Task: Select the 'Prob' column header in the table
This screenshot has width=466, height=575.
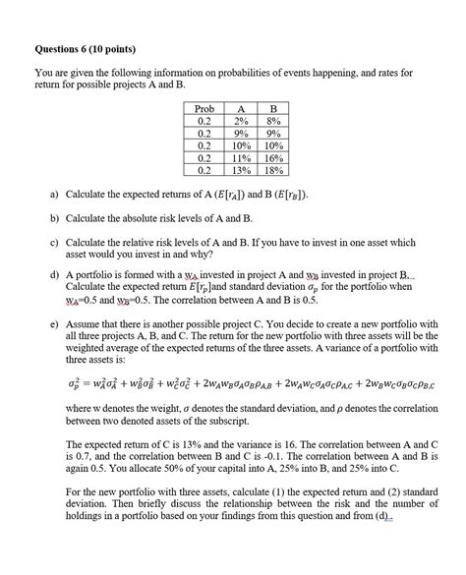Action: pos(204,107)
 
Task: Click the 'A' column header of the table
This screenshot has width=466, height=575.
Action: pos(239,107)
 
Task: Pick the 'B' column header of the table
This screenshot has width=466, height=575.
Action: pos(272,107)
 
